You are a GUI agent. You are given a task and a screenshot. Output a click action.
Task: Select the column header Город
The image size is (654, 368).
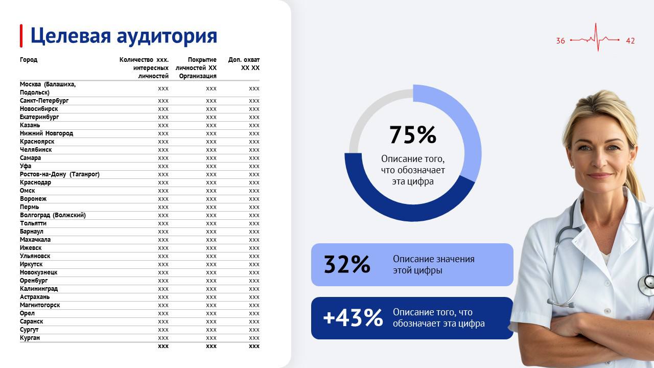tap(29, 60)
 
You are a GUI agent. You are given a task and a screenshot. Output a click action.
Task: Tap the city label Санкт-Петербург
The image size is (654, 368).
tap(44, 101)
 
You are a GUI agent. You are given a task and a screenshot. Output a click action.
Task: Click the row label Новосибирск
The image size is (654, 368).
tap(39, 109)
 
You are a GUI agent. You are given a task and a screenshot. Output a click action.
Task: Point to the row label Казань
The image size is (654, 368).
tap(30, 125)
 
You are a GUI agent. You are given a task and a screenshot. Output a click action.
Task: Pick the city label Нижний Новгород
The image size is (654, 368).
tap(46, 133)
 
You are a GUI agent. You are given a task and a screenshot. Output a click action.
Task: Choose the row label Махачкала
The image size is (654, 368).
tap(35, 240)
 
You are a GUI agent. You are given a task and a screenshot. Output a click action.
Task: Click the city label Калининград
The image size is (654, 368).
tap(39, 289)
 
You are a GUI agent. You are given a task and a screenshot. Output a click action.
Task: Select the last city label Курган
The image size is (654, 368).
tap(30, 338)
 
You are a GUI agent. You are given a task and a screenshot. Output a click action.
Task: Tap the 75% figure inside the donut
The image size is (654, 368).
tap(413, 135)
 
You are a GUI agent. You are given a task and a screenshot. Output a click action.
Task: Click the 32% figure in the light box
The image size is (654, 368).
tap(347, 264)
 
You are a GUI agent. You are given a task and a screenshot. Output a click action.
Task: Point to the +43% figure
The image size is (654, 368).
tap(353, 318)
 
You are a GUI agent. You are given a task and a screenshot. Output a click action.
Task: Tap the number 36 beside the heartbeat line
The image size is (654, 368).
tap(560, 41)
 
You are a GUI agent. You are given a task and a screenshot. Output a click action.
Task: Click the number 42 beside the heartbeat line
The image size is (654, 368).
tap(630, 41)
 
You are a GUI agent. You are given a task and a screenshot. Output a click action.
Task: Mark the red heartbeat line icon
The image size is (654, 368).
tap(595, 38)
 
